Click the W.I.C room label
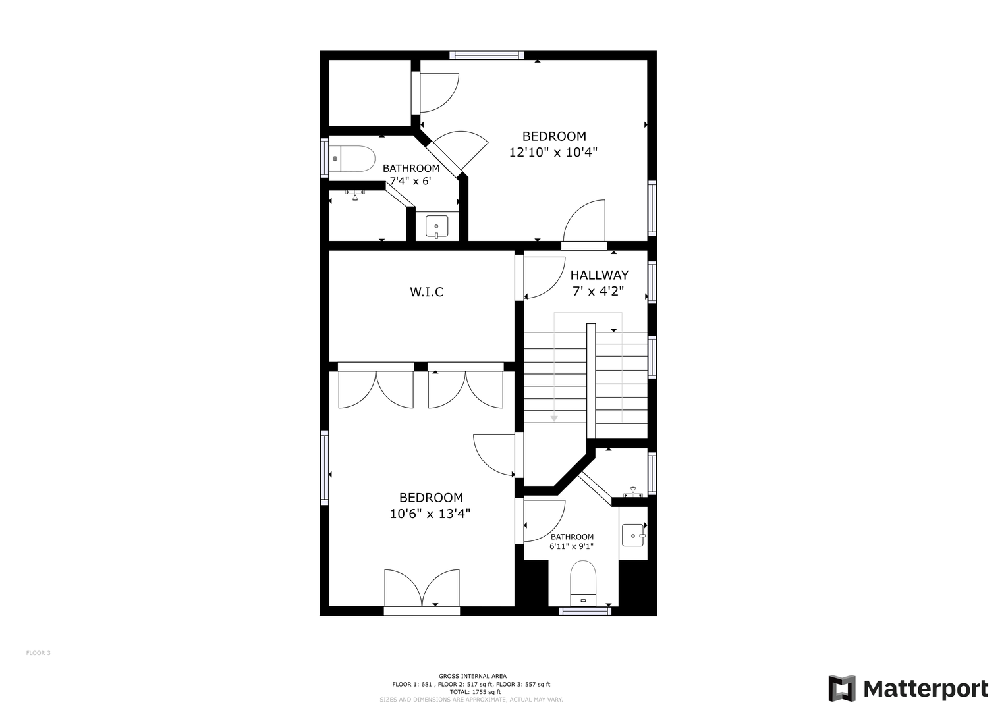click(x=426, y=292)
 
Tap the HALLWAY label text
click(x=599, y=275)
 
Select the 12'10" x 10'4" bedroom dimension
click(x=553, y=152)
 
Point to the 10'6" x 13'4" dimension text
click(x=430, y=513)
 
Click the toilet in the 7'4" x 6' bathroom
click(x=352, y=159)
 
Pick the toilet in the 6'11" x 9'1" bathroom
click(x=583, y=583)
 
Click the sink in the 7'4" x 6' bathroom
click(x=436, y=226)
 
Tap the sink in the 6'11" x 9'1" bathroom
click(x=633, y=535)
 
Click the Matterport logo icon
click(x=841, y=688)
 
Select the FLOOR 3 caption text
click(x=38, y=653)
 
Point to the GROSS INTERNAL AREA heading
click(x=472, y=676)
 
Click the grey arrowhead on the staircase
click(x=554, y=419)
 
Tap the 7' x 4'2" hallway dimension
click(x=598, y=291)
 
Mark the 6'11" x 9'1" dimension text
click(x=571, y=546)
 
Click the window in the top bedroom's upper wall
click(x=486, y=55)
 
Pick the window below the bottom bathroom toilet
click(x=585, y=610)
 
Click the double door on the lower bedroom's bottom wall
click(x=422, y=591)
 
